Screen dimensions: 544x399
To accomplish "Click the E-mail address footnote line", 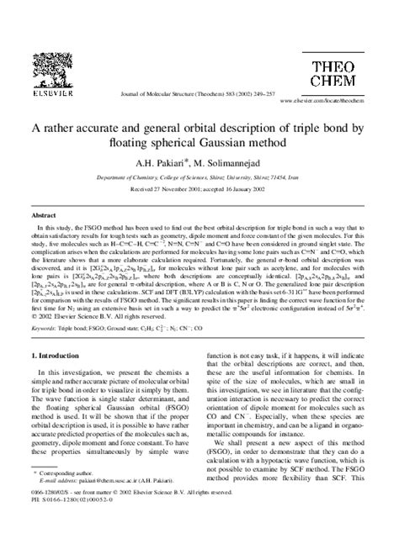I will click(x=93, y=504).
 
